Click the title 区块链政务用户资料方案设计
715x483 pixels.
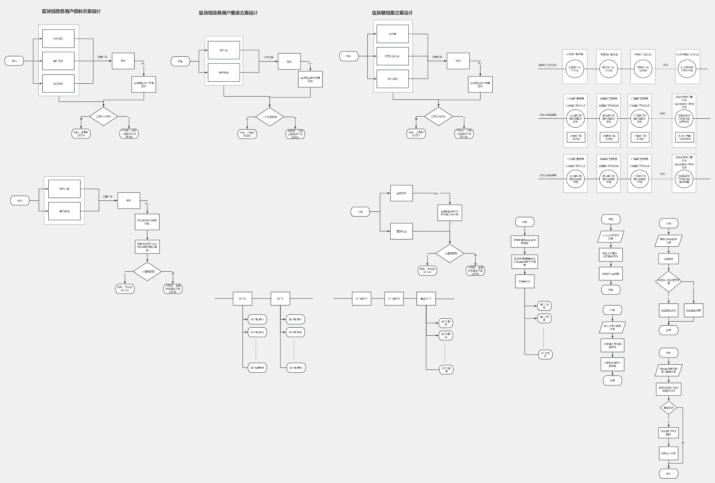71,12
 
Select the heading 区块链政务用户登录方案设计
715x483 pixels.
228,13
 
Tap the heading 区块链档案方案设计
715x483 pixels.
392,13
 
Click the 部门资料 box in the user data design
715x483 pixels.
58,61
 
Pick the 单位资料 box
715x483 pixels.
58,84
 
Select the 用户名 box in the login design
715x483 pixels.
224,50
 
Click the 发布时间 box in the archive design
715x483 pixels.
392,79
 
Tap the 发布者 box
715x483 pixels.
392,34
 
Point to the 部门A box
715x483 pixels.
242,299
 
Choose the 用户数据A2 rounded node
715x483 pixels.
257,332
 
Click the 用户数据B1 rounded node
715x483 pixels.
296,320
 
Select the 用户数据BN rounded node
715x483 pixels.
296,368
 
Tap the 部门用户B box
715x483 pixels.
394,299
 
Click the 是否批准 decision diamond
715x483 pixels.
668,408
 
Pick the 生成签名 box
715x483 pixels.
668,259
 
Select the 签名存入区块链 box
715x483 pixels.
611,274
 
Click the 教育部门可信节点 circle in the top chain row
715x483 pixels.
608,69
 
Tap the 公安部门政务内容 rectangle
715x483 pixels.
576,137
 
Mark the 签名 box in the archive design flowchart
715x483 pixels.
458,61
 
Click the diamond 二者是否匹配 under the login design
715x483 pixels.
269,117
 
